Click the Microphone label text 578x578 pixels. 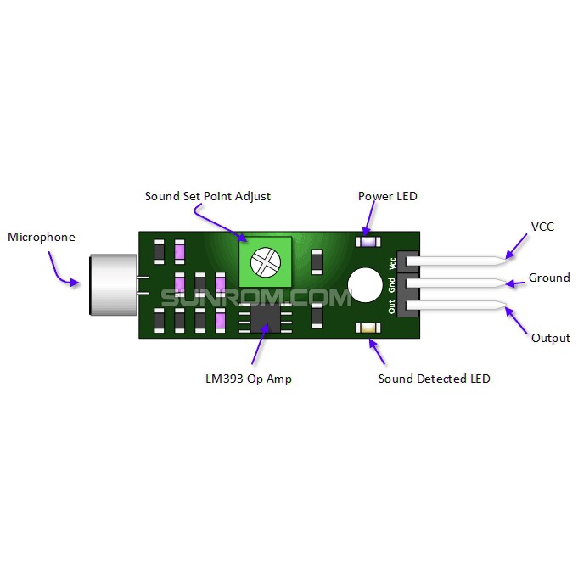click(42, 238)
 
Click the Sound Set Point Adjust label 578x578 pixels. click(208, 196)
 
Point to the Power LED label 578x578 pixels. click(388, 196)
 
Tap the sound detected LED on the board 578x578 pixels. click(368, 328)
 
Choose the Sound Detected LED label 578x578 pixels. click(434, 379)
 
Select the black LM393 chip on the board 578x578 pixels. click(264, 319)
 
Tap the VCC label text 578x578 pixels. click(542, 227)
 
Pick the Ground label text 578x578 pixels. click(549, 278)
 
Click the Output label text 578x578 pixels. click(550, 338)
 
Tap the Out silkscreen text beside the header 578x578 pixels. click(392, 307)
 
